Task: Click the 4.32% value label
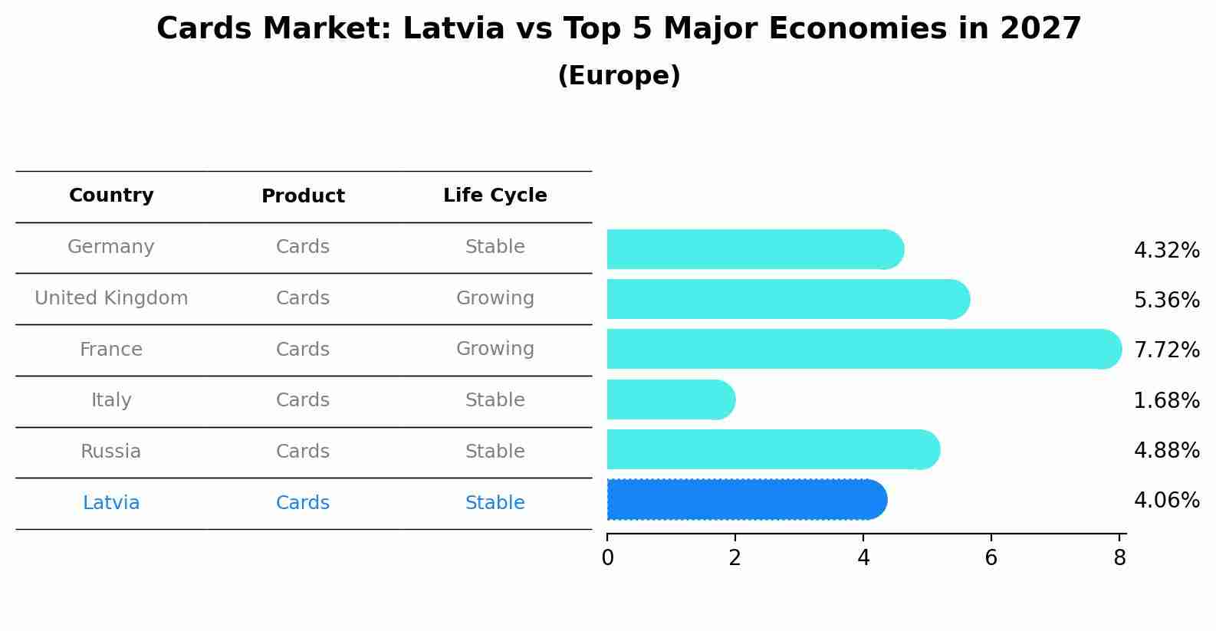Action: pyautogui.click(x=1166, y=251)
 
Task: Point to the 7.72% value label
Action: pyautogui.click(x=1166, y=350)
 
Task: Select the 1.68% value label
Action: pyautogui.click(x=1166, y=401)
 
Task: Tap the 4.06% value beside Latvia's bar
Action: pyautogui.click(x=1166, y=501)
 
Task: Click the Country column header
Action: pyautogui.click(x=111, y=196)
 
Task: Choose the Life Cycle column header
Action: pyautogui.click(x=495, y=196)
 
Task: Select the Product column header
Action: pyautogui.click(x=303, y=196)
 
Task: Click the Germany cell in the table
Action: pyautogui.click(x=111, y=247)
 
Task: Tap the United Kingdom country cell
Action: pyautogui.click(x=111, y=298)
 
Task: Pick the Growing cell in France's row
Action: pyautogui.click(x=495, y=349)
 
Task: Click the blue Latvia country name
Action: pyautogui.click(x=111, y=503)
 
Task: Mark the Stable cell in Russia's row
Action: pyautogui.click(x=495, y=452)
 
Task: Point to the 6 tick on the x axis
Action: pyautogui.click(x=991, y=558)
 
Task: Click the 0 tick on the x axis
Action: pyautogui.click(x=607, y=558)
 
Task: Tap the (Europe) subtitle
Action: pyautogui.click(x=619, y=76)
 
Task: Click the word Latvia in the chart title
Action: pyautogui.click(x=453, y=29)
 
